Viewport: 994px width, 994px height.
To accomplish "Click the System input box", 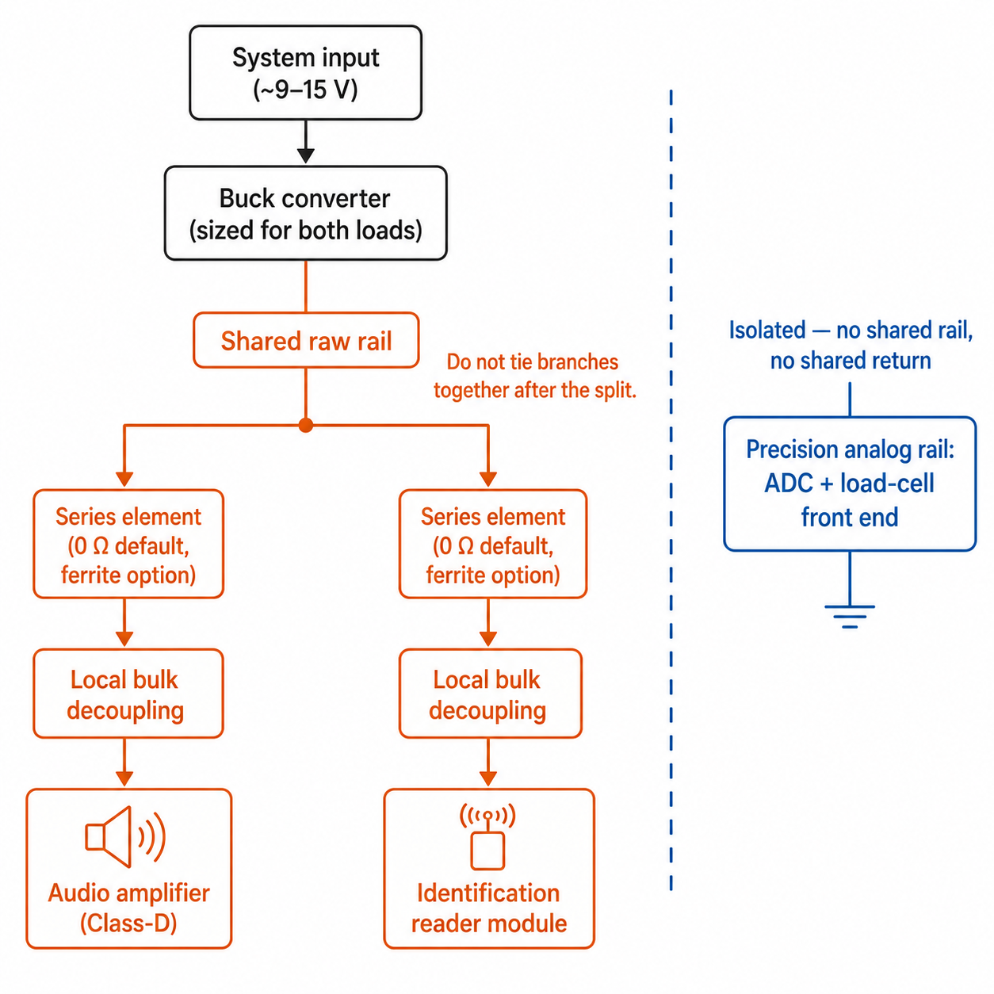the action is [305, 73].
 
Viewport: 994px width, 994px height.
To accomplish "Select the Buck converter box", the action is [305, 213].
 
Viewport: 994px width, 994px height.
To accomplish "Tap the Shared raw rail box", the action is [306, 340].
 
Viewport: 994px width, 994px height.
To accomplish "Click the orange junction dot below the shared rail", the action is [306, 425].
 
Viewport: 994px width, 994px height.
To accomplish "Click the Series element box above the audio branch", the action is [128, 544].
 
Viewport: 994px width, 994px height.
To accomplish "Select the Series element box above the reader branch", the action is [492, 544].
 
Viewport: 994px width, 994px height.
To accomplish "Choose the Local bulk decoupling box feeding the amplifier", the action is [128, 694].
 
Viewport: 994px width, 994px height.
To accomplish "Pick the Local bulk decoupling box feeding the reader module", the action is [490, 694].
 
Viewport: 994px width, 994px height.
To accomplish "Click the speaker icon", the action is [125, 836].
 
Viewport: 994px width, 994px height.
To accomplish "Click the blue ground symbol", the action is [850, 617].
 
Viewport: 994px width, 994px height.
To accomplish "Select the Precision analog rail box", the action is [850, 484].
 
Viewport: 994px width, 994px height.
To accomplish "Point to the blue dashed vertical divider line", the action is [671, 490].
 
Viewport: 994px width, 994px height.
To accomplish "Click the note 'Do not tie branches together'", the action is [534, 376].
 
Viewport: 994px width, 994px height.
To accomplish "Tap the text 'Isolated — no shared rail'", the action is [851, 330].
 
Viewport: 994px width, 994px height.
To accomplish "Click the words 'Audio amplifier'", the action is [129, 893].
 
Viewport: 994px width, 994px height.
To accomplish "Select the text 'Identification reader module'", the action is [488, 908].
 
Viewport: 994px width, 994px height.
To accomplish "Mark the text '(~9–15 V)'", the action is [305, 90].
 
